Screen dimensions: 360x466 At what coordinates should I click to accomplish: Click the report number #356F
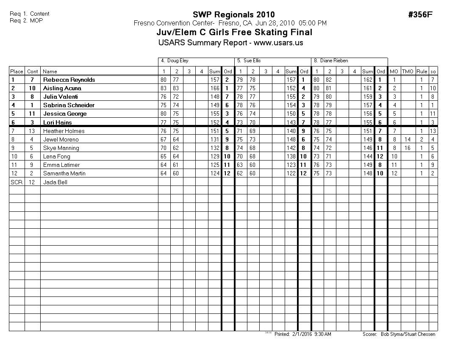coord(420,15)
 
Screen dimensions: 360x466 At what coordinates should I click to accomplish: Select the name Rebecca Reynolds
coord(69,80)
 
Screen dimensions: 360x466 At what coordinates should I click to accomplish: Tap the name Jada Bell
coord(55,182)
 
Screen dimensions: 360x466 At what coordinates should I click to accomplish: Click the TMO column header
coord(407,72)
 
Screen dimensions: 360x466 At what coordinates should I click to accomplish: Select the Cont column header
coord(32,72)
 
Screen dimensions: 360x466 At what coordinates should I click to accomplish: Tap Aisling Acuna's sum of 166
coord(214,88)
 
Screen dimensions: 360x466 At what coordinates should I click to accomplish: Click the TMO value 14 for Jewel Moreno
coord(407,139)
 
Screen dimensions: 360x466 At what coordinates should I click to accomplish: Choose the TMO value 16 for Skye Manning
coord(407,148)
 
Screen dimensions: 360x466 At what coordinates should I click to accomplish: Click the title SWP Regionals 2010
coord(233,15)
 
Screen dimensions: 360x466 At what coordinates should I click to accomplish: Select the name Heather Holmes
coord(64,131)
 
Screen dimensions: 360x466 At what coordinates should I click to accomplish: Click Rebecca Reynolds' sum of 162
coord(367,80)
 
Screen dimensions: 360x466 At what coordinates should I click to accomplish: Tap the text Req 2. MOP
coord(26,20)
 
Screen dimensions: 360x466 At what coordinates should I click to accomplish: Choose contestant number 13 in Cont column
coord(32,131)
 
